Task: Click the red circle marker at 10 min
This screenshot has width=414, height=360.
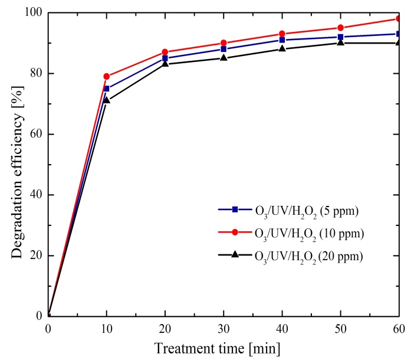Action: pos(107,76)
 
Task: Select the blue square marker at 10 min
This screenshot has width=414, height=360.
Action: pos(107,89)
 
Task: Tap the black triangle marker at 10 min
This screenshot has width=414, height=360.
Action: pos(107,100)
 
